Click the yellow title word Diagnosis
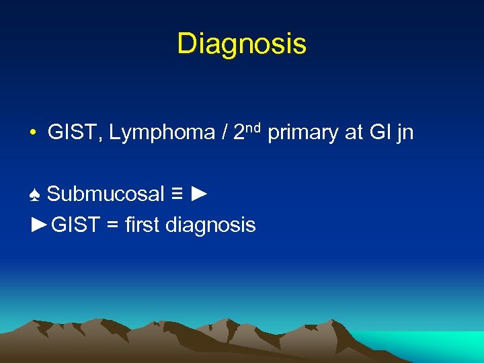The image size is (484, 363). (241, 44)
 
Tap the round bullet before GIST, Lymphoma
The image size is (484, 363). (32, 133)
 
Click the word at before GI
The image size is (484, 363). (353, 132)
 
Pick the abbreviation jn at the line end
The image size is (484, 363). (405, 133)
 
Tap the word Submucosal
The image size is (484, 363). (106, 194)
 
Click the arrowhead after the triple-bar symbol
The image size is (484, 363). (199, 194)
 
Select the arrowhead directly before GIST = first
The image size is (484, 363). (41, 224)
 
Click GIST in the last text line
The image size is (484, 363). (75, 224)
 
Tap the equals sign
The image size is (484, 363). (113, 225)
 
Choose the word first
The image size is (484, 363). (143, 224)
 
